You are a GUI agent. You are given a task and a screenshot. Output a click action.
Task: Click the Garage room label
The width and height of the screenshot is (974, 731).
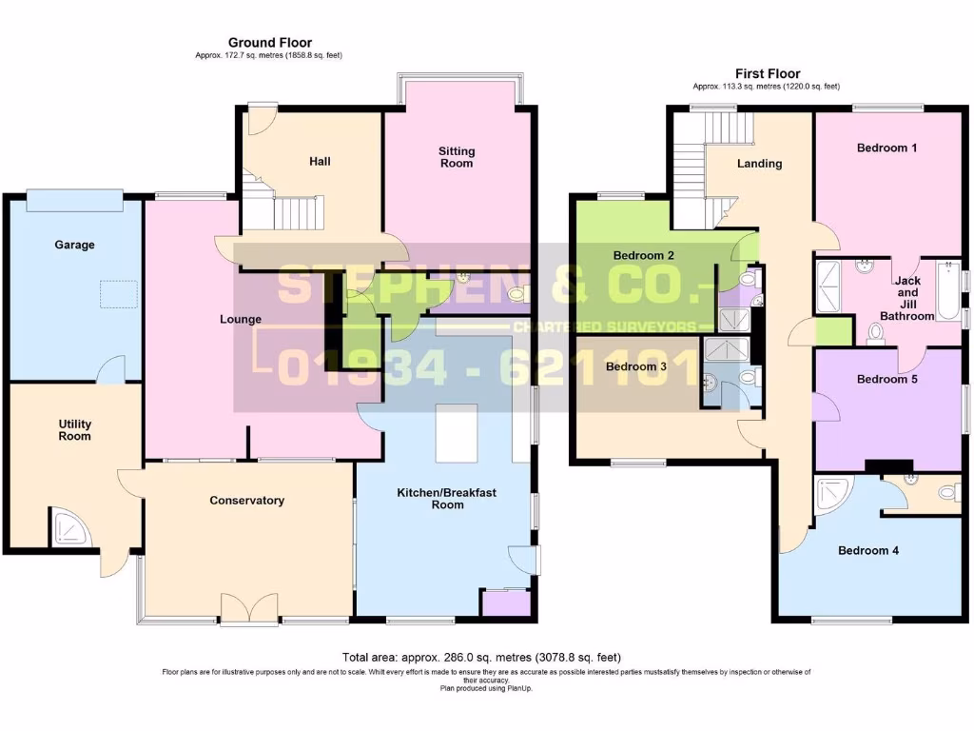pyautogui.click(x=74, y=245)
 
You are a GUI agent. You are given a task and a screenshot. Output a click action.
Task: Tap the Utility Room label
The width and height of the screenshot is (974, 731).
pyautogui.click(x=74, y=429)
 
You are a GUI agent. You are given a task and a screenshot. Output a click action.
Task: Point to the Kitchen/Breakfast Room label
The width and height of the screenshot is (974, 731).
pyautogui.click(x=447, y=499)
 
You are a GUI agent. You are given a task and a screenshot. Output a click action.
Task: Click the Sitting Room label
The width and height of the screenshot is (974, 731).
pyautogui.click(x=457, y=157)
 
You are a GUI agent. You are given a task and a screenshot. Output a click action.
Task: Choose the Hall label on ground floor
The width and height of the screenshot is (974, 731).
pyautogui.click(x=320, y=162)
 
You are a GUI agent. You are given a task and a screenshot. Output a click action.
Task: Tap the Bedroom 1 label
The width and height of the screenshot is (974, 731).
pyautogui.click(x=886, y=148)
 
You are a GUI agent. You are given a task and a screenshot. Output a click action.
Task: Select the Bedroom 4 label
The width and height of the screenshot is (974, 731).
pyautogui.click(x=867, y=550)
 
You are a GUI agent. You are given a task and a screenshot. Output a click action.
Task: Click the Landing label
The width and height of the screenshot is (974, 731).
pyautogui.click(x=759, y=163)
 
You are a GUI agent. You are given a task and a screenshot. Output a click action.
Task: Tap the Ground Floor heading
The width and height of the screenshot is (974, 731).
pyautogui.click(x=269, y=43)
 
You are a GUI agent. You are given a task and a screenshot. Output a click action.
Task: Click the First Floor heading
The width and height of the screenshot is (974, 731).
pyautogui.click(x=768, y=73)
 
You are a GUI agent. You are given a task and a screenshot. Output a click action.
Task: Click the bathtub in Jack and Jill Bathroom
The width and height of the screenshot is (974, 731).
pyautogui.click(x=949, y=290)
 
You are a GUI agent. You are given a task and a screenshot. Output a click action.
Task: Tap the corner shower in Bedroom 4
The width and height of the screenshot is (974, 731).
pyautogui.click(x=833, y=495)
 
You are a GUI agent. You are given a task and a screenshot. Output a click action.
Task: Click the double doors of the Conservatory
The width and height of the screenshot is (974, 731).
pyautogui.click(x=249, y=608)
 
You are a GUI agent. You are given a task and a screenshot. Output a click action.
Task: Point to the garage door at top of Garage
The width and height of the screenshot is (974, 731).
pyautogui.click(x=74, y=200)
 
